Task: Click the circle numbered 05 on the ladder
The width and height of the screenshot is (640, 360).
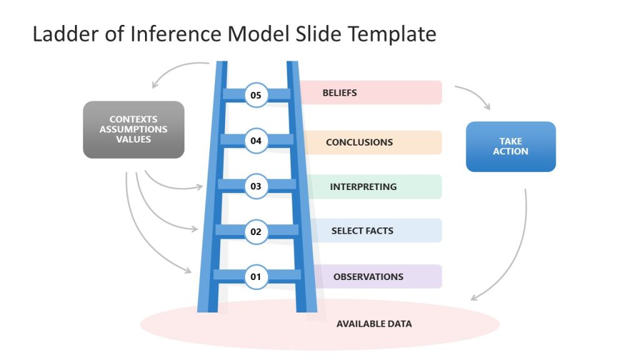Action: click(256, 95)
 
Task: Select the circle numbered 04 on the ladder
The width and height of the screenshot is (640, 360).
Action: click(256, 141)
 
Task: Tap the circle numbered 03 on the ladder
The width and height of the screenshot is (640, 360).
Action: click(256, 186)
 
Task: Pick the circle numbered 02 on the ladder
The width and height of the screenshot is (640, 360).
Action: click(256, 231)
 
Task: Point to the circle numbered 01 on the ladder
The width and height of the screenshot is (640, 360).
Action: click(256, 276)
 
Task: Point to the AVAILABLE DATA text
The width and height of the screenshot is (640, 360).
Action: click(374, 324)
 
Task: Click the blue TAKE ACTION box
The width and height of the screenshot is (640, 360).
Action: click(511, 146)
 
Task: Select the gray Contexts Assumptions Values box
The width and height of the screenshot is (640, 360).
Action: click(134, 129)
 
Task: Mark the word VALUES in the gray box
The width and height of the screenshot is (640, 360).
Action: click(134, 139)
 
